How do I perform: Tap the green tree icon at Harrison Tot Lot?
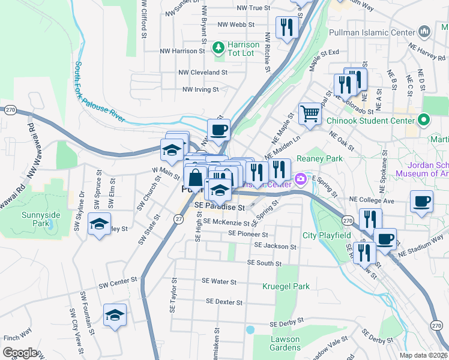click(220, 46)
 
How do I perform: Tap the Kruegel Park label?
click(286, 286)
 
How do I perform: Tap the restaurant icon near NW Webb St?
click(287, 26)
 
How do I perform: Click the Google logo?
click(20, 353)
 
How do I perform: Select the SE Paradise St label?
click(220, 206)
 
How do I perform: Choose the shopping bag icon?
click(196, 178)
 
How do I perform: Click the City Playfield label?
click(327, 235)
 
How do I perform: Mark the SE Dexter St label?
click(224, 302)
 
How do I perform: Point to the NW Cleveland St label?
click(203, 72)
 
